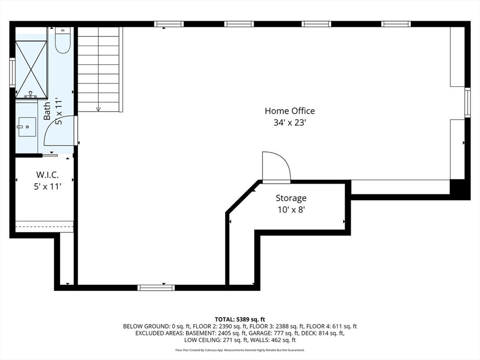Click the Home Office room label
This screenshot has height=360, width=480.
(x=290, y=111)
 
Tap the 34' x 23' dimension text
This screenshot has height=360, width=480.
(x=290, y=123)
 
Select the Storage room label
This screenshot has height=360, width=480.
(x=291, y=198)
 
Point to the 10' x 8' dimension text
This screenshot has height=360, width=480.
(x=291, y=210)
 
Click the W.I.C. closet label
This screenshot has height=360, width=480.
(x=47, y=175)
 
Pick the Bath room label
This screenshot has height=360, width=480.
(x=47, y=111)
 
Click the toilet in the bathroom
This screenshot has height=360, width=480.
(x=63, y=40)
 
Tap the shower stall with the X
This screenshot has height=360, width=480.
(x=31, y=69)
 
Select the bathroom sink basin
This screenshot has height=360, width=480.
(x=27, y=127)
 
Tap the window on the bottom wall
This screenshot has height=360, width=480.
(x=156, y=288)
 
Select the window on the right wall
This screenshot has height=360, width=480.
(x=467, y=103)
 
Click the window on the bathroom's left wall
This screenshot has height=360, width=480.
(x=12, y=73)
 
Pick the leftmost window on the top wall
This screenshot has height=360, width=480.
(x=169, y=24)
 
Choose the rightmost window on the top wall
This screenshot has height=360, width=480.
(x=396, y=24)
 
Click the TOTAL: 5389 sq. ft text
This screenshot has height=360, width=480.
(x=240, y=320)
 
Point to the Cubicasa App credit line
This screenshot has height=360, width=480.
(x=240, y=350)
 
